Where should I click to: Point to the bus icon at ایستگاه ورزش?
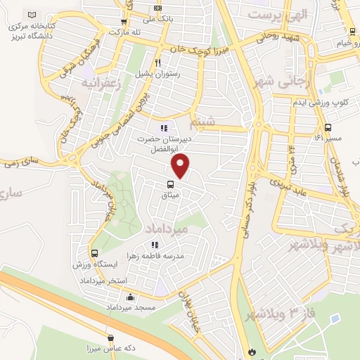[94, 254]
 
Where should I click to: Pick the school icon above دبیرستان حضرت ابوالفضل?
[163, 128]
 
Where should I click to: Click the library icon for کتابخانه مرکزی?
[31, 15]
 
